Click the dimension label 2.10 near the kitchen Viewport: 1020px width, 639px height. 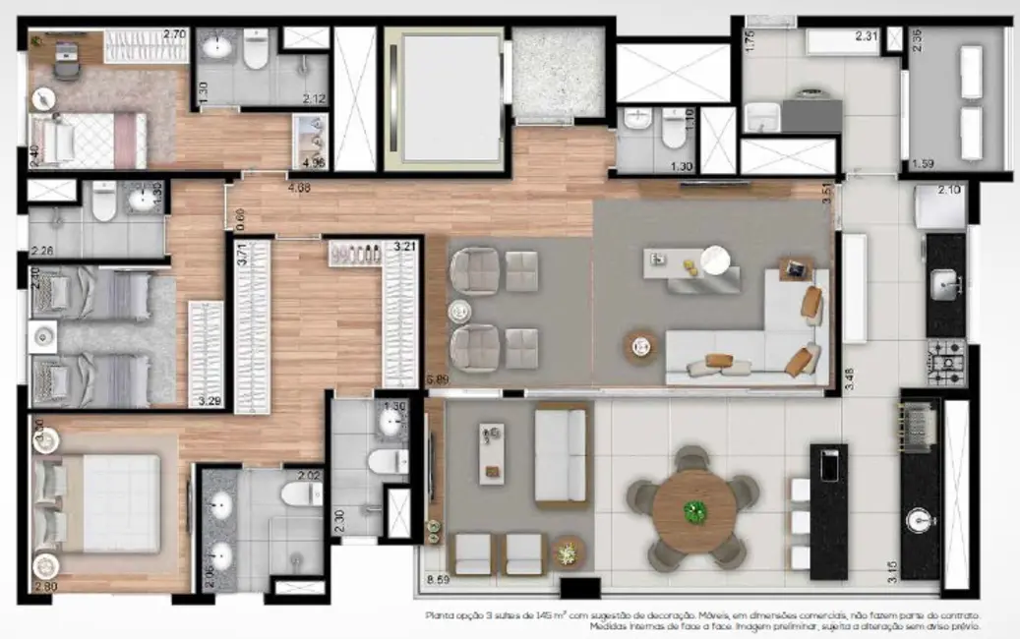[x=951, y=189]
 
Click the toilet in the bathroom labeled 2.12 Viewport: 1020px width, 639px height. [x=255, y=51]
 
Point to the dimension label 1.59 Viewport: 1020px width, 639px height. [x=923, y=163]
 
